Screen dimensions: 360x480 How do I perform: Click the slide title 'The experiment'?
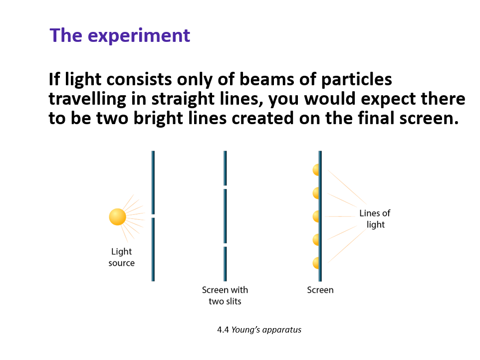(x=120, y=36)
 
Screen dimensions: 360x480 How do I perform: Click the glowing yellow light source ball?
(x=117, y=217)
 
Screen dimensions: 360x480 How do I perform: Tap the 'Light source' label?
(x=121, y=257)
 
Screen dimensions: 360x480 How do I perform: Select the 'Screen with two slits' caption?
(x=225, y=295)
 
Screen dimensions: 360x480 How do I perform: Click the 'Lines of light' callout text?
(x=375, y=219)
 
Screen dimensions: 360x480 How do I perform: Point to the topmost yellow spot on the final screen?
(x=316, y=170)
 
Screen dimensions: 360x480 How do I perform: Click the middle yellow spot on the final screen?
(x=316, y=216)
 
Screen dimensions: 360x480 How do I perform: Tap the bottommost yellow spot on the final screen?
(x=316, y=262)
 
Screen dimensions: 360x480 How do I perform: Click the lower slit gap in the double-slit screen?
(x=226, y=245)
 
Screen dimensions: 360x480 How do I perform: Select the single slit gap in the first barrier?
(x=153, y=215)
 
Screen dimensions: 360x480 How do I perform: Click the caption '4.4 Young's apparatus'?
(x=259, y=330)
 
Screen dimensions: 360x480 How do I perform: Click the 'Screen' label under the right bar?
(x=320, y=290)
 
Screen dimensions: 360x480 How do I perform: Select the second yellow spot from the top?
(x=316, y=192)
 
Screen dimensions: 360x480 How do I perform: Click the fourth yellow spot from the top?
(x=316, y=239)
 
